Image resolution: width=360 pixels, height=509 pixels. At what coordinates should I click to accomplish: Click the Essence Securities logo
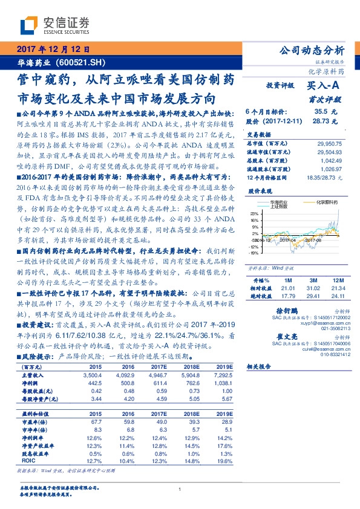coord(54,25)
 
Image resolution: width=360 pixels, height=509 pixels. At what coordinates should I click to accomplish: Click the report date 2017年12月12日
coord(51,50)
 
